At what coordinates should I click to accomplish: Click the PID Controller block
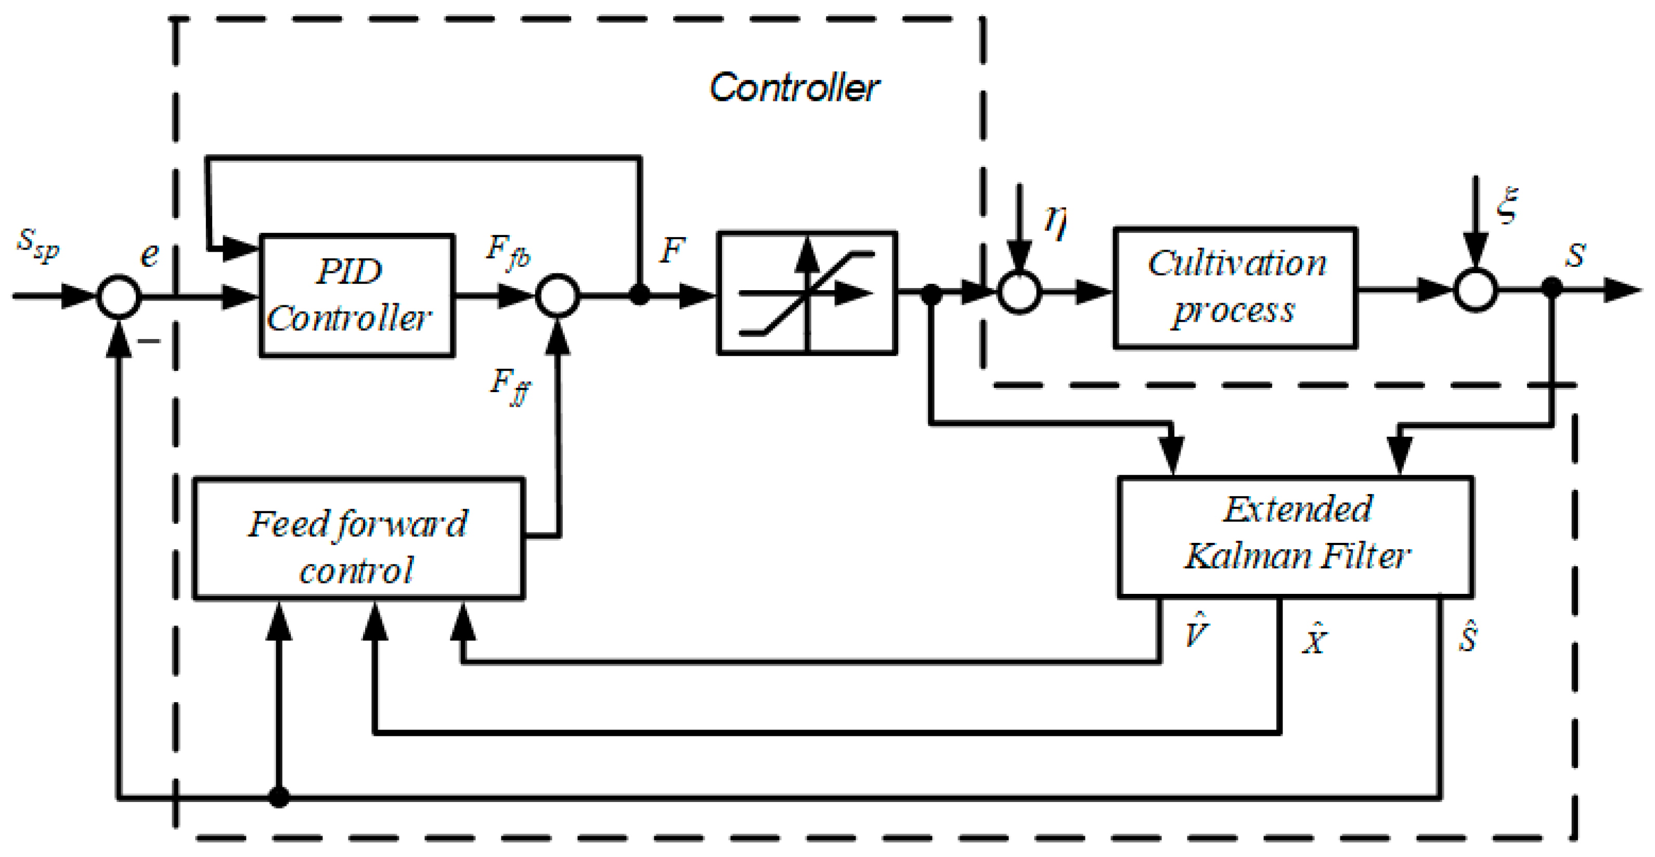[357, 295]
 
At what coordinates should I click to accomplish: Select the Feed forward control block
[358, 538]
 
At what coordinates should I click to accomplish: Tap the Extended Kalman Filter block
[1295, 537]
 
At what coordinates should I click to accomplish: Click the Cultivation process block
[1235, 288]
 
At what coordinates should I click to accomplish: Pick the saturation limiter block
[807, 293]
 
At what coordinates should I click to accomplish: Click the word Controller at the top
[794, 87]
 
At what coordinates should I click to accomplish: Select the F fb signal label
[508, 252]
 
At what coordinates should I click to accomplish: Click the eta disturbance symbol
[1056, 222]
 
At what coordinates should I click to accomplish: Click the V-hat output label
[1196, 630]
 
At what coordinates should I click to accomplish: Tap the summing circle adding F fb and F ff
[558, 295]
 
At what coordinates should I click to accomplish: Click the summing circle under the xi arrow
[1476, 290]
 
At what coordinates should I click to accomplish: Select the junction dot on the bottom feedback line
[278, 797]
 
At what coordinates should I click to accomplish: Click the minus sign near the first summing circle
[149, 341]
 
